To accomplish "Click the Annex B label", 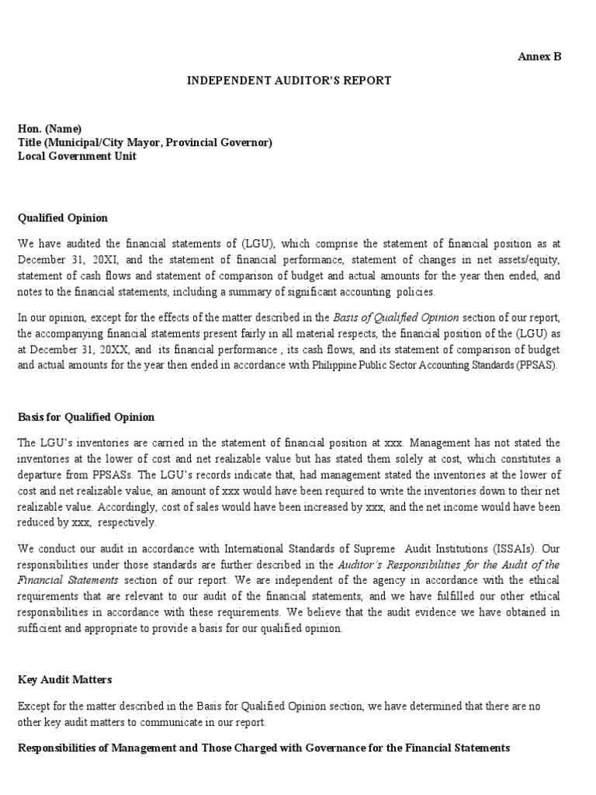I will pos(539,57).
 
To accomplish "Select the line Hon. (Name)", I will pos(50,129).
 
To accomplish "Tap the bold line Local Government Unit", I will pos(77,156).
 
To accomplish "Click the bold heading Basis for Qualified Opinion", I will pos(86,417).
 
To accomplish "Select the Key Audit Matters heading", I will pos(65,679).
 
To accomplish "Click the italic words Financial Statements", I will pos(68,579).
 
